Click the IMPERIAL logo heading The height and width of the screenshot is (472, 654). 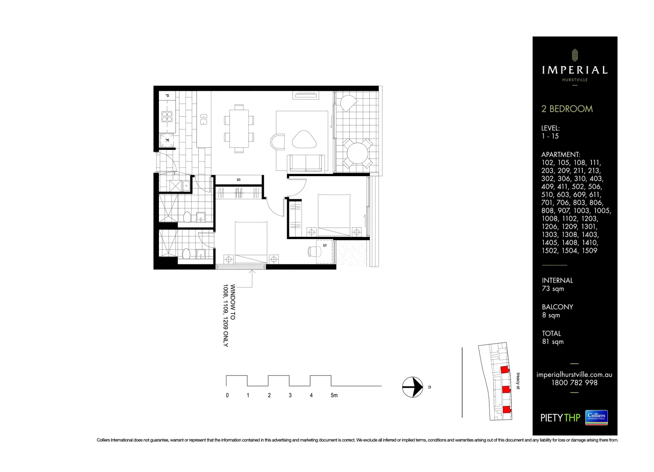(x=575, y=70)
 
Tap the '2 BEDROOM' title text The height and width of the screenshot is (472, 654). (x=567, y=109)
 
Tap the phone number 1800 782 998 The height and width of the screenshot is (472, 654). (x=574, y=383)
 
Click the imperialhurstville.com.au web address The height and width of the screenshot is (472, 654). (x=574, y=375)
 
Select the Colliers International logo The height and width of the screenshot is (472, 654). (x=596, y=417)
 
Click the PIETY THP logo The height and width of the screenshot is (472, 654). (x=560, y=418)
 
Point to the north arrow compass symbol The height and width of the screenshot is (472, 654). (x=413, y=387)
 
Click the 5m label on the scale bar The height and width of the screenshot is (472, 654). (x=334, y=396)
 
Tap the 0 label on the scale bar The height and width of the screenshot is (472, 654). (x=227, y=396)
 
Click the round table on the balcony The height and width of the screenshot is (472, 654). (x=357, y=153)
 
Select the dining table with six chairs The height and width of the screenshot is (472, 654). (x=239, y=128)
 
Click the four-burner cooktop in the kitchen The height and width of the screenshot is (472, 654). (x=167, y=116)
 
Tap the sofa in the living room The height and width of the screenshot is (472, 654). (x=306, y=163)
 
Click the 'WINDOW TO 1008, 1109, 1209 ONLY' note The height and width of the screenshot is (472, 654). (x=229, y=316)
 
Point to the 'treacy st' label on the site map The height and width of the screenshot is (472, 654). (x=518, y=381)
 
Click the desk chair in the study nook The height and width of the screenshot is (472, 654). (x=312, y=251)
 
